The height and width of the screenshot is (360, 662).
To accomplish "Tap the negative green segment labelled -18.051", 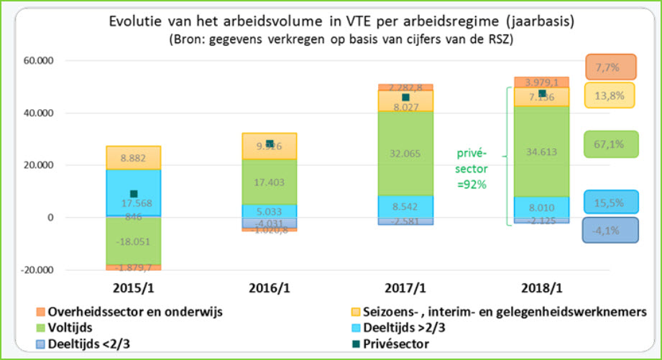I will (133, 241).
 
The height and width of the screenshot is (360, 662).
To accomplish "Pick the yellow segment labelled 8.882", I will (133, 157).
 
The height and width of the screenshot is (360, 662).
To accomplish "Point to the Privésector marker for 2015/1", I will (134, 194).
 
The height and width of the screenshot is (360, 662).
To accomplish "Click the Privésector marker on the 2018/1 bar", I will (541, 93).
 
